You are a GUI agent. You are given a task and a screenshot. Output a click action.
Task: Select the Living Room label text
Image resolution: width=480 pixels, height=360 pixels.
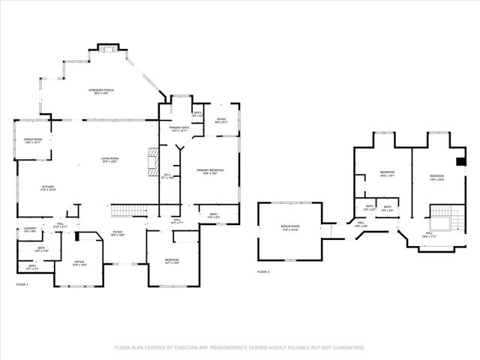coord(110,158)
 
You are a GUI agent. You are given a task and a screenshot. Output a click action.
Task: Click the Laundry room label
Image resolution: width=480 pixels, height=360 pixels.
coord(30,229)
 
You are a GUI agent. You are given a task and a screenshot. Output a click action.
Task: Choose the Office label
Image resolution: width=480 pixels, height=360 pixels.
coord(69,263)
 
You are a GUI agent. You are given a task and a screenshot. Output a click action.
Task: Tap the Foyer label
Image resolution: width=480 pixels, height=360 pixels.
coord(118,233)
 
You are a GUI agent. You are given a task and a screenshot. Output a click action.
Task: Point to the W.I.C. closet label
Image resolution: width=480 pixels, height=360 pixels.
coord(168,176)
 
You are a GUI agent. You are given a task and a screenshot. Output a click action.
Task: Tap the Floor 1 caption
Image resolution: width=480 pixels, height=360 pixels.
coord(22,285)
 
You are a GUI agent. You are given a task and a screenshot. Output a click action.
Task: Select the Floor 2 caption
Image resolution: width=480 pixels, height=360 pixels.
coord(263,271)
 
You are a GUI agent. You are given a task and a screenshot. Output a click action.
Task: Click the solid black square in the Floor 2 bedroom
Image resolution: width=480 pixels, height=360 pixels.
coord(460,160)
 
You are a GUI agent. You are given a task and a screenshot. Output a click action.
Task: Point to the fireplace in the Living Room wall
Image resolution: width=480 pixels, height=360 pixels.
coord(153,159)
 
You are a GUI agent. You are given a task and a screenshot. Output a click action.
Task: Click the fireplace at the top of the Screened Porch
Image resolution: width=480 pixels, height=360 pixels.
coord(109,50)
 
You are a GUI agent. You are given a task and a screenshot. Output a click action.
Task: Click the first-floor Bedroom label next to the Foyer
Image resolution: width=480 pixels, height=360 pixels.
coord(172,260)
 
